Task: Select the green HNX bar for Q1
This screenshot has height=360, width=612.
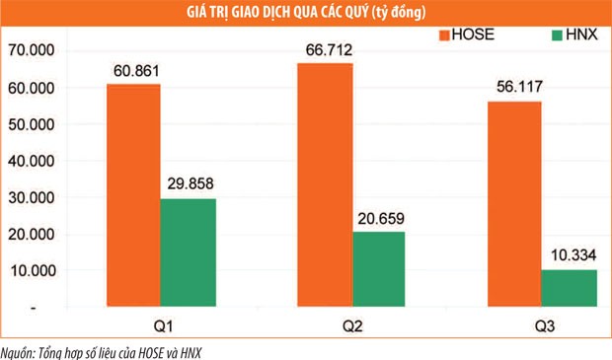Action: click(188, 252)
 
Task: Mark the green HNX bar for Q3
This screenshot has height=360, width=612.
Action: click(570, 288)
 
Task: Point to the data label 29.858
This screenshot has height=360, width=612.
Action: click(188, 183)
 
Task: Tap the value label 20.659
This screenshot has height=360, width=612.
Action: click(378, 218)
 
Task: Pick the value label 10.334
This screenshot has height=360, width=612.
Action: click(570, 255)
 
